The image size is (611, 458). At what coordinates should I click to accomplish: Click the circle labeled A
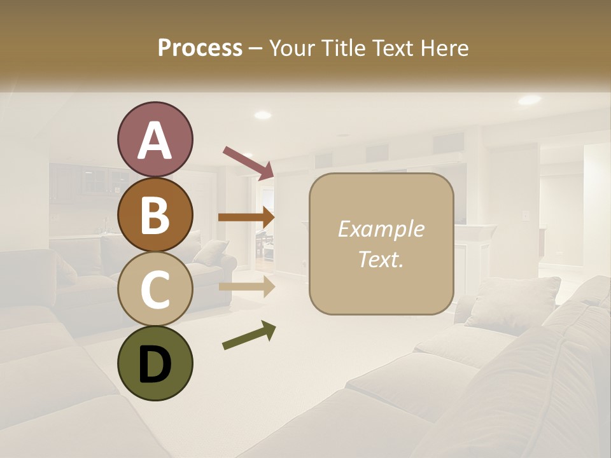tap(155, 140)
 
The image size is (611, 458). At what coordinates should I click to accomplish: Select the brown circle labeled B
tap(155, 214)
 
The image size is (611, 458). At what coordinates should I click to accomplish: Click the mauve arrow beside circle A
tap(248, 162)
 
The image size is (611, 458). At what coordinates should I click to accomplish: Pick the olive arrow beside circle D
tap(249, 335)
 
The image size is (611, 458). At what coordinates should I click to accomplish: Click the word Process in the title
tap(200, 48)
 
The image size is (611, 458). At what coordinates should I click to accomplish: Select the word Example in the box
tap(381, 229)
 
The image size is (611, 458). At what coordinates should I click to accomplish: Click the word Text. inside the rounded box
tap(381, 259)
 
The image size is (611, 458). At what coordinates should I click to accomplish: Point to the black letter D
tap(155, 364)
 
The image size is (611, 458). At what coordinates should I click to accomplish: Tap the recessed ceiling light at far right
tap(529, 100)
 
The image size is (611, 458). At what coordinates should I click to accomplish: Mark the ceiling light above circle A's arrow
tap(262, 115)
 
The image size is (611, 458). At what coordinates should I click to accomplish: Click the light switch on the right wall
tap(526, 215)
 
